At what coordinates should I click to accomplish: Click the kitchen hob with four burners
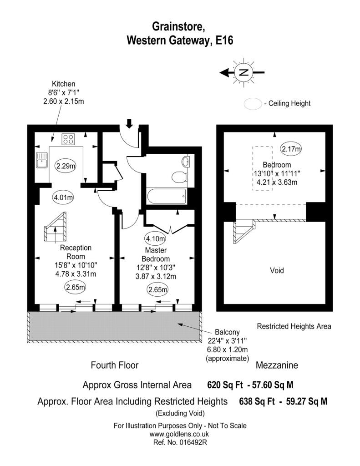[x=68, y=138]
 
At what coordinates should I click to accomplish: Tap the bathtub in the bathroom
[x=166, y=197]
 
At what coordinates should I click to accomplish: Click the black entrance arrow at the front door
[x=129, y=123]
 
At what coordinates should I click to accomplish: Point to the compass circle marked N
[x=244, y=72]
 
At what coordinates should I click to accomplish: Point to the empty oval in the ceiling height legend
[x=252, y=103]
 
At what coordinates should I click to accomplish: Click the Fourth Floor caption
[x=115, y=365]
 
